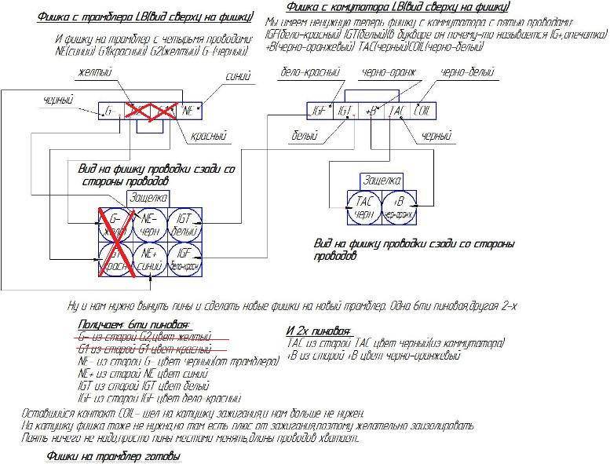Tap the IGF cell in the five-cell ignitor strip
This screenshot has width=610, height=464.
tap(318, 111)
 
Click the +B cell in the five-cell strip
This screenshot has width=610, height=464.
tap(371, 111)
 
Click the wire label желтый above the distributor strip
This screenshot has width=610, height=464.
tap(93, 73)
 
